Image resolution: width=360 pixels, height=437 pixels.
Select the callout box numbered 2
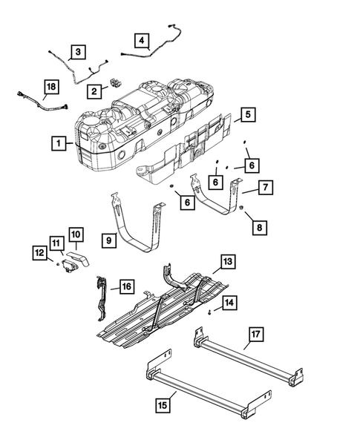(x=94, y=91)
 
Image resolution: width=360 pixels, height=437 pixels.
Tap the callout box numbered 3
(x=76, y=52)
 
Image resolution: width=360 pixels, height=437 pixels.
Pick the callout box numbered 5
(x=248, y=115)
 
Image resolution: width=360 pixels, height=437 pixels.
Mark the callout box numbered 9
(x=108, y=240)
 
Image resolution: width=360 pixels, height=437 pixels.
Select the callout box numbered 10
(x=77, y=234)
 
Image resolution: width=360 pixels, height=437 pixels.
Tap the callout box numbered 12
(x=38, y=253)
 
